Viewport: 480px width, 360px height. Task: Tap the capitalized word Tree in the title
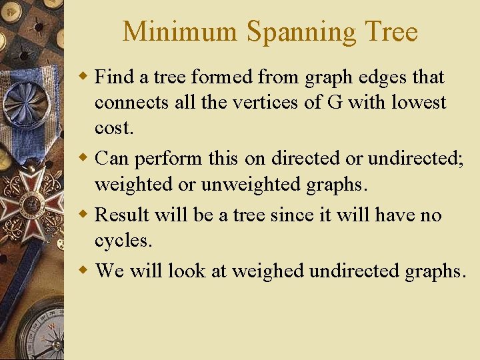pyautogui.click(x=390, y=32)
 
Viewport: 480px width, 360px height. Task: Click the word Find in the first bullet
pyautogui.click(x=114, y=77)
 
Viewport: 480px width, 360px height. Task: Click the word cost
pyautogui.click(x=114, y=129)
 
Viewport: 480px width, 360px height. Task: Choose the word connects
pyautogui.click(x=129, y=103)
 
